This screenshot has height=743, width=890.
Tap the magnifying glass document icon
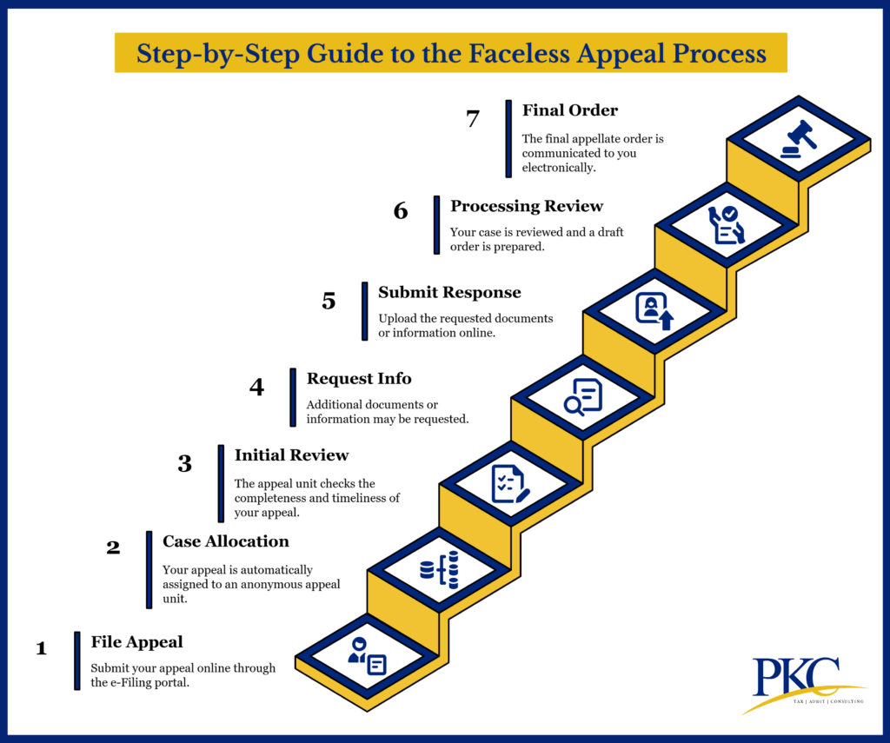tap(582, 397)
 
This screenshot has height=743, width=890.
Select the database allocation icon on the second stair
tap(439, 570)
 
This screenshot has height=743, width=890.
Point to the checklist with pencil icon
tap(510, 484)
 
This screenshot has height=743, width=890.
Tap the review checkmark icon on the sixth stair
tap(727, 225)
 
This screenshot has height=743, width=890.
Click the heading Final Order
tap(570, 110)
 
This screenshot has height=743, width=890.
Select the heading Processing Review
tap(527, 206)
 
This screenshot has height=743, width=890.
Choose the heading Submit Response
tap(449, 292)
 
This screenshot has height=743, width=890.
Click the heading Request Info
tap(359, 378)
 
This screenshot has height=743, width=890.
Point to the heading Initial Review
tap(291, 454)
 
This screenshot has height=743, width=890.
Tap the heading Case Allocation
tap(226, 541)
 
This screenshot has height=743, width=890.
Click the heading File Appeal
tap(137, 642)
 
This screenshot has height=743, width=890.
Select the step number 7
tap(473, 119)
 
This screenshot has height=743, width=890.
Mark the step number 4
tap(256, 387)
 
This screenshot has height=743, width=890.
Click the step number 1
tap(41, 648)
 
